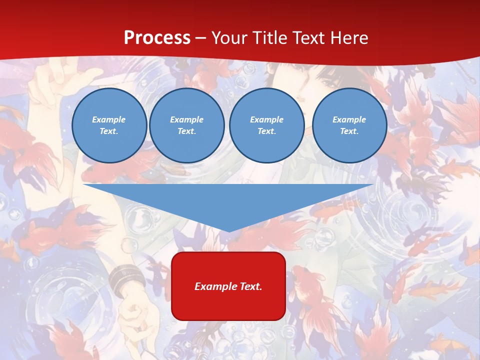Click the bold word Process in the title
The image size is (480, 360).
coord(157,38)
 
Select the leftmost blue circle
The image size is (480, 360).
coord(109,125)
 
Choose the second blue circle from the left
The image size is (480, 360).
coord(187,125)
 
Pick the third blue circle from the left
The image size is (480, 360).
coord(266,125)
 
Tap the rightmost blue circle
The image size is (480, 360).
coord(349,125)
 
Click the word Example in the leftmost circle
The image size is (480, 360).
coord(108,119)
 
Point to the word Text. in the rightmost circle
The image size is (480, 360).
coord(349,131)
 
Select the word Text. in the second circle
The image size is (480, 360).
coord(186,131)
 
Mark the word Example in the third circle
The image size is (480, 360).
coord(266,119)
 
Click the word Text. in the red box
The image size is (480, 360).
coord(250,286)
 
